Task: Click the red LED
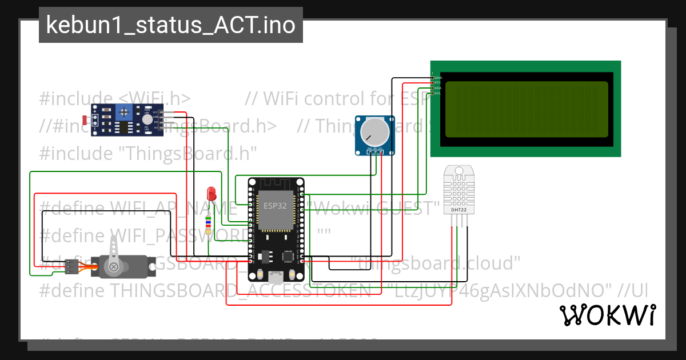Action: tap(212, 193)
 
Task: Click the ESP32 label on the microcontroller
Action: tap(275, 206)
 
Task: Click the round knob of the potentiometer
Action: tap(374, 132)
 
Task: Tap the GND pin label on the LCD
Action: tap(438, 77)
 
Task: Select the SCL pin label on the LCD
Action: tap(438, 93)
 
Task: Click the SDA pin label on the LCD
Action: tap(438, 88)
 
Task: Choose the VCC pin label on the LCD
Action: tap(438, 82)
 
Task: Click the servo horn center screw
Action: tap(115, 266)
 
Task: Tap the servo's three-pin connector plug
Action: tap(71, 267)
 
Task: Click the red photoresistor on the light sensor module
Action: tap(86, 121)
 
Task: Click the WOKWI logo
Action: tap(607, 315)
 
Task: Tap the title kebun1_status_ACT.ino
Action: tap(170, 25)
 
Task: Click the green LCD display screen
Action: tap(526, 109)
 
